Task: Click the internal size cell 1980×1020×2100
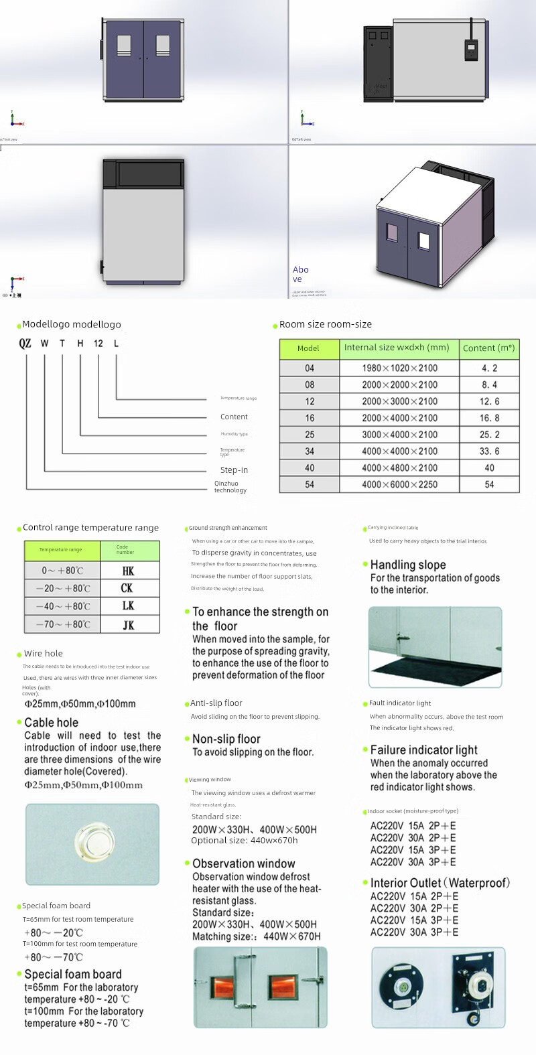click(399, 368)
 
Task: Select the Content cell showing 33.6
click(489, 451)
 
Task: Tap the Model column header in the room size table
click(308, 348)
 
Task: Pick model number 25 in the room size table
click(310, 435)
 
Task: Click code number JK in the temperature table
click(128, 625)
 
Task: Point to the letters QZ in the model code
click(25, 343)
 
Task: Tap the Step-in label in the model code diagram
click(234, 470)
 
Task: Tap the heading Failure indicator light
click(423, 750)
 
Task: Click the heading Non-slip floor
click(226, 739)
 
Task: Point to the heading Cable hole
click(51, 723)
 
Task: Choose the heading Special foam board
click(72, 975)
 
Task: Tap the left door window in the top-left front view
click(124, 45)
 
